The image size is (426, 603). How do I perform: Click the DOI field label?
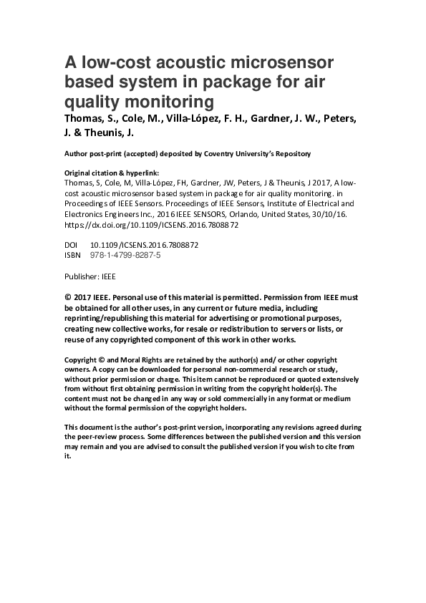pyautogui.click(x=71, y=244)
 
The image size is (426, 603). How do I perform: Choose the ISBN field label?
pyautogui.click(x=73, y=254)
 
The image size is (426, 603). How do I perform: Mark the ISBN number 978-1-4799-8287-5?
pyautogui.click(x=125, y=254)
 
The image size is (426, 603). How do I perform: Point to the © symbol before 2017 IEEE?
pyautogui.click(x=68, y=296)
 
